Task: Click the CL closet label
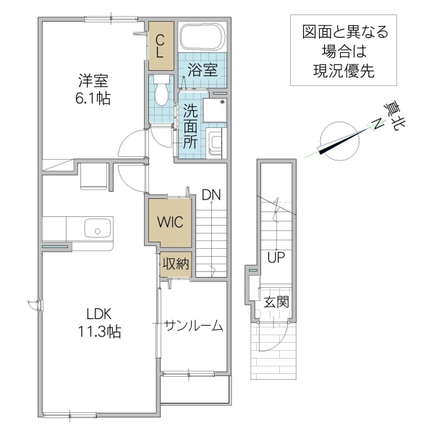coord(160,46)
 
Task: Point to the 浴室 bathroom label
coord(203,69)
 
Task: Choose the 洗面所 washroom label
coord(190,127)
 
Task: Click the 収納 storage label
coord(175,264)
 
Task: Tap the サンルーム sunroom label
coord(192,325)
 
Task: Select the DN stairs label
coord(211,194)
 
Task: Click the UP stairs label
coord(275,257)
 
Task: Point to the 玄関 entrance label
coord(276,302)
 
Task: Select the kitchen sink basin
coord(95,229)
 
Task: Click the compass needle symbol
coord(338,140)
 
